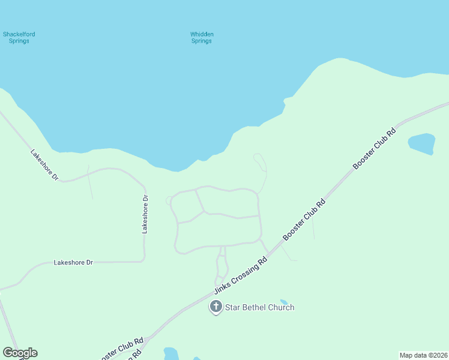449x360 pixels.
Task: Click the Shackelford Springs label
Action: click(19, 37)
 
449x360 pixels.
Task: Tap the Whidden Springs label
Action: click(202, 37)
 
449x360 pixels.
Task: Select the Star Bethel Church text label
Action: click(259, 307)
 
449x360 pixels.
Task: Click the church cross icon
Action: click(215, 307)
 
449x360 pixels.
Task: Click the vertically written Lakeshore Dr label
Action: click(145, 214)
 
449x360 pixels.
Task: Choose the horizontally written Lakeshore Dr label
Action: click(74, 262)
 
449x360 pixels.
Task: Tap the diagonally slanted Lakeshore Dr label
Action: click(44, 165)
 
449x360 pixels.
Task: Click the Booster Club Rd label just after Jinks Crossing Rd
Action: click(304, 220)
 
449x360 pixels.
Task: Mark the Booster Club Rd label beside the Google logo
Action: click(122, 347)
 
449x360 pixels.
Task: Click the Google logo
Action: click(20, 353)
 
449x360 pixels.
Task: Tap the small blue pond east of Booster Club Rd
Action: click(421, 143)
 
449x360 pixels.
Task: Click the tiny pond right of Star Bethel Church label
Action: click(284, 302)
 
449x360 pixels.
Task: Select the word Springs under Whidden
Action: click(202, 41)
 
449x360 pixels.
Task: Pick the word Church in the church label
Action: click(280, 307)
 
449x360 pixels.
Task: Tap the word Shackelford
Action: click(19, 34)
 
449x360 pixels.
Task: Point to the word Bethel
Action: click(253, 307)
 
